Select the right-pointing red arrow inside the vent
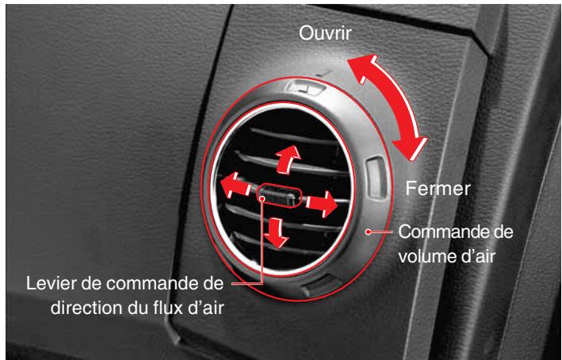[321, 205]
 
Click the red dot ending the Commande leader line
[367, 232]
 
